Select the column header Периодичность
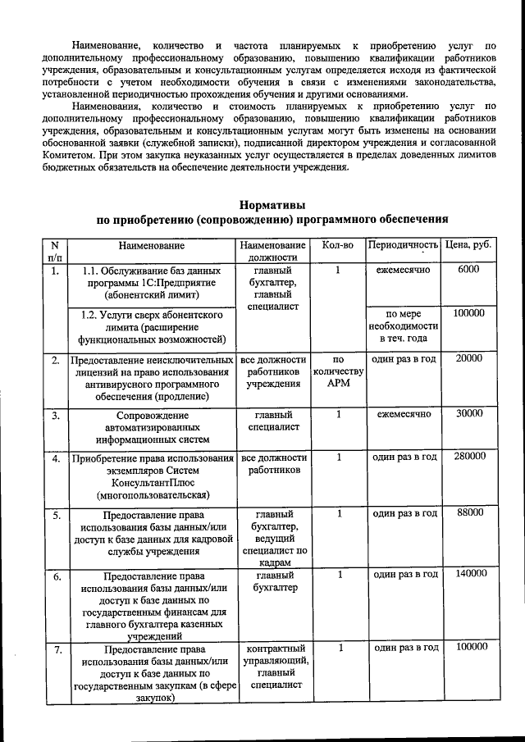coord(403,244)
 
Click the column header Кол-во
coord(338,244)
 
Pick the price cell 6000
coord(468,270)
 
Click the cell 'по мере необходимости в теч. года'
coord(403,326)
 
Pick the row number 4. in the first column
coord(55,459)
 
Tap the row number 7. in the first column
coord(55,649)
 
